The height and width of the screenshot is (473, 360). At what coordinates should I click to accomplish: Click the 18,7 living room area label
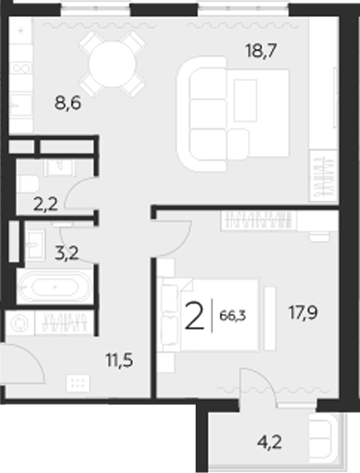coord(261,52)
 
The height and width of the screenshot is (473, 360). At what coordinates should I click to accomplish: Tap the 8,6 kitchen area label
coord(68,103)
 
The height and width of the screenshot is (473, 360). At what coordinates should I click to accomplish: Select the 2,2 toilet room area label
coord(45,204)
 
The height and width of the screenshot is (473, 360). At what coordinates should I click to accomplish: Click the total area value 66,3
coord(233,315)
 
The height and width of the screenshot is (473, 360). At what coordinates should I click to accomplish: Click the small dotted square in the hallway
coord(78,382)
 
